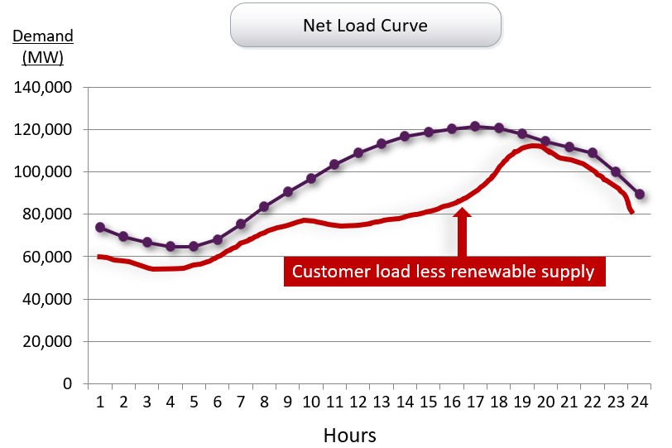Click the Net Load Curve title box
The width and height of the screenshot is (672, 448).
click(x=365, y=25)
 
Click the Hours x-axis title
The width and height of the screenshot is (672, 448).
click(x=349, y=435)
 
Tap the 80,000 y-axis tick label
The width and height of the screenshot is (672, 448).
click(x=48, y=214)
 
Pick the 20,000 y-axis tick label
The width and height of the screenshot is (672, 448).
click(x=48, y=341)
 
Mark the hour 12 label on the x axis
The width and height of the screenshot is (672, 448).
click(x=358, y=402)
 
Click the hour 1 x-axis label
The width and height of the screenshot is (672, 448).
click(x=100, y=402)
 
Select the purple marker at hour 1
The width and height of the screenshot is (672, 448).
click(x=100, y=227)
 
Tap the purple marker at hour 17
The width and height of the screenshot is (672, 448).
click(x=475, y=127)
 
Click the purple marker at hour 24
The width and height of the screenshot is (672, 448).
click(x=640, y=194)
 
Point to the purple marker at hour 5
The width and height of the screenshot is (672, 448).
click(x=194, y=246)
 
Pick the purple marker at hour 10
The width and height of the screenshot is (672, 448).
click(x=311, y=178)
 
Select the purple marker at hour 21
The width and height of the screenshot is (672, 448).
click(x=569, y=147)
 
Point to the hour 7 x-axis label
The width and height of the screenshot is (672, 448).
click(x=241, y=402)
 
